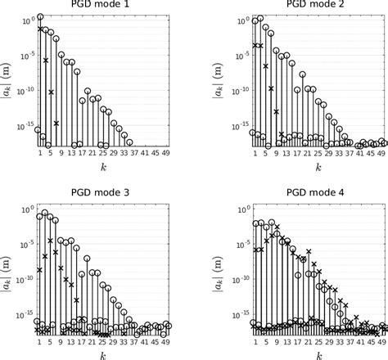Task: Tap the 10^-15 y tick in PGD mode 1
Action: (x=25, y=128)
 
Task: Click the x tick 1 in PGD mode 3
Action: (x=39, y=341)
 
